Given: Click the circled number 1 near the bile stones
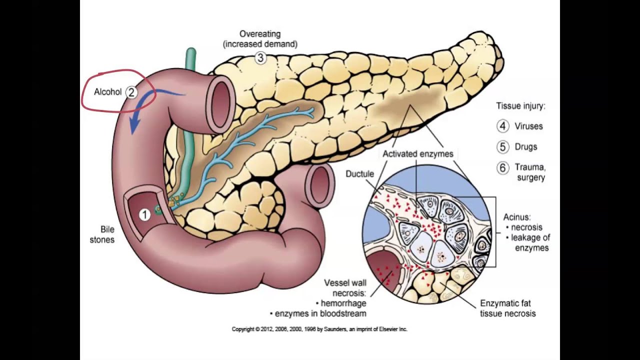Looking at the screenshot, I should coord(144,215).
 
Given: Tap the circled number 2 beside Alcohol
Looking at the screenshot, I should coord(131,92).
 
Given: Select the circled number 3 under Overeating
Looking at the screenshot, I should coord(260,58).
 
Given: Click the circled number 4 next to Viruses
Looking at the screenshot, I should coord(502,126).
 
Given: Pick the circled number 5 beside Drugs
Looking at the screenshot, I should coord(502,147).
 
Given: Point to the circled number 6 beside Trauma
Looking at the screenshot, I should coord(502,167).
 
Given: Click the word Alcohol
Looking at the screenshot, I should coord(107,92).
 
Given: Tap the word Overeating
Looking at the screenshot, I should coord(260,34).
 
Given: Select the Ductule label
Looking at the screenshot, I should coord(359,173).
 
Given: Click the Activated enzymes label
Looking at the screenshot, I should coord(417,154).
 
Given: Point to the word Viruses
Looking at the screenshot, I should coord(528,126).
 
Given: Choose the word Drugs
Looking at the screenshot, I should coord(526,147).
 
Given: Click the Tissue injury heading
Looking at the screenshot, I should coord(520,106).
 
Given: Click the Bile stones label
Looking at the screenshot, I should coord(102,234).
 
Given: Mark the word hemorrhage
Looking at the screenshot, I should coord(343,303).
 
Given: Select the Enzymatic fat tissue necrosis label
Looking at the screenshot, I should coord(507,308).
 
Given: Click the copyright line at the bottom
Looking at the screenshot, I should coord(319,329).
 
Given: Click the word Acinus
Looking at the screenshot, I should coord(516,217).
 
